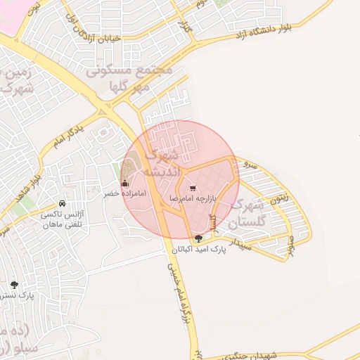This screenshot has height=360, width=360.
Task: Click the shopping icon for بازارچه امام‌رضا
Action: [x=193, y=188]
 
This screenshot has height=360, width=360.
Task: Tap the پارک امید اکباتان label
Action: [x=205, y=250]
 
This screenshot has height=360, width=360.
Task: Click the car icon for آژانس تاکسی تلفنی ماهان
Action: [x=63, y=202]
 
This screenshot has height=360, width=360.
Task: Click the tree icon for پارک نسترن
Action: [x=14, y=285]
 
